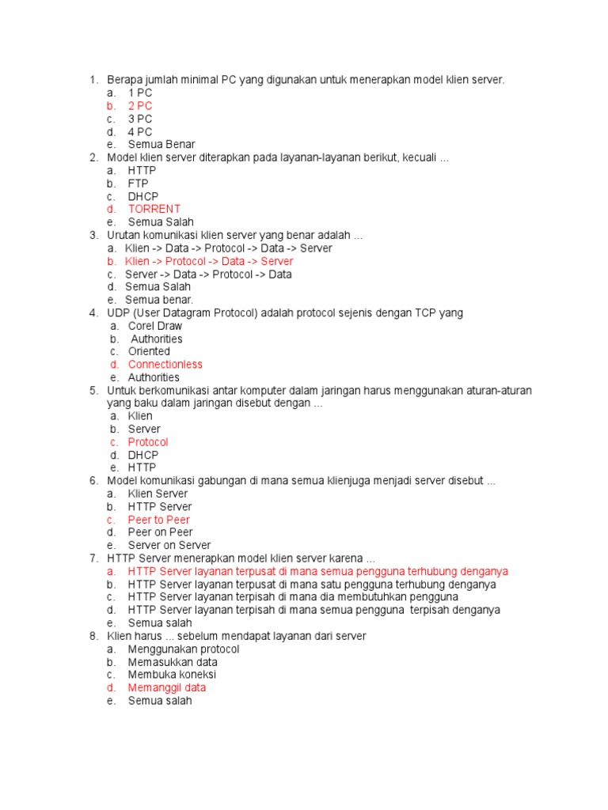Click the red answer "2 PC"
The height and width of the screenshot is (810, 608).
140,106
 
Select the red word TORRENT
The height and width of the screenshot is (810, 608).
154,209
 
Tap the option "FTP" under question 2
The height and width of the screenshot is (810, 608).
138,184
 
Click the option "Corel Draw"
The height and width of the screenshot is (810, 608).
154,326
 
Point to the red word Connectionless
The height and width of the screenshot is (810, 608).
165,365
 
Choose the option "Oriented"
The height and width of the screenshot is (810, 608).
149,351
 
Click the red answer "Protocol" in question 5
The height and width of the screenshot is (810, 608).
148,442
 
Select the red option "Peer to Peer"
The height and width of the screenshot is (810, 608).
159,520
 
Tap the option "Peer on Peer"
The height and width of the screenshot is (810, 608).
160,532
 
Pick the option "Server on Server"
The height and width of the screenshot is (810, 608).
169,545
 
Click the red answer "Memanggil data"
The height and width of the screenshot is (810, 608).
166,688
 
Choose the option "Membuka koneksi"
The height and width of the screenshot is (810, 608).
172,675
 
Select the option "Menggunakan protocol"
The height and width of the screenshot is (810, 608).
183,649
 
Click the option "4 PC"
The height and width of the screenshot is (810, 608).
140,132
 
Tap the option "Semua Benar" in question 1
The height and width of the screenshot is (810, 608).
161,145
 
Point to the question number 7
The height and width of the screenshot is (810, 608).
93,558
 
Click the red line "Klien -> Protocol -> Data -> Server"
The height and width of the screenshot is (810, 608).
209,261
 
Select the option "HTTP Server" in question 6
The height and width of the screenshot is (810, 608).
159,506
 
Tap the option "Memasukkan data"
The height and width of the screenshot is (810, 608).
173,662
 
